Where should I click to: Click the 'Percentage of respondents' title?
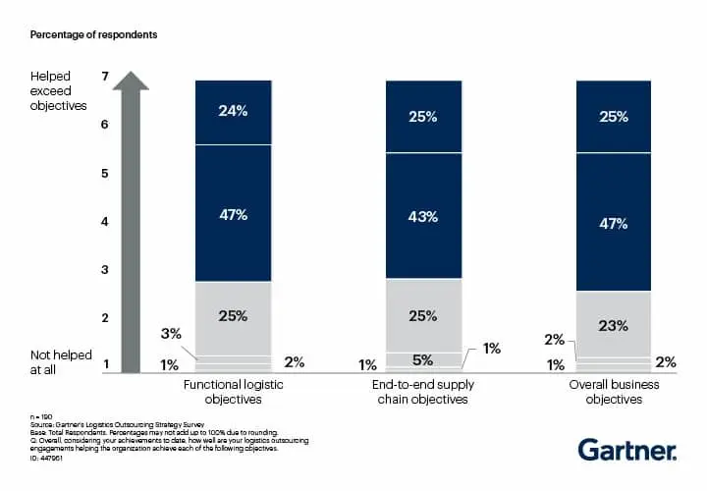coord(93,34)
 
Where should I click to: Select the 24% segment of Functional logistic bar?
coord(233,111)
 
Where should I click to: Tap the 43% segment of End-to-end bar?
coord(423,216)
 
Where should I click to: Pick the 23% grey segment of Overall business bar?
coord(614,325)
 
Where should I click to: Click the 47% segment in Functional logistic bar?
coord(233,213)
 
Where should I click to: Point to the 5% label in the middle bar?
coord(423,359)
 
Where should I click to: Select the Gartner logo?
coord(626,450)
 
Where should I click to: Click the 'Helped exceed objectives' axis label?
coord(59,90)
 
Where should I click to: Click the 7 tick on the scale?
coord(104,76)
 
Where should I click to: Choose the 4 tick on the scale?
coord(104,221)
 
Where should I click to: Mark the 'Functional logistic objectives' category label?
coord(234,392)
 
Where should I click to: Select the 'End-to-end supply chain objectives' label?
coord(423,392)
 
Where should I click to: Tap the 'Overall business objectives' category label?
coord(614,392)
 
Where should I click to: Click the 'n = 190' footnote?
coord(41,418)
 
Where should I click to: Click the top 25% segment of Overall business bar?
coord(614,117)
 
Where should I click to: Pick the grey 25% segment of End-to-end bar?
coord(423,316)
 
